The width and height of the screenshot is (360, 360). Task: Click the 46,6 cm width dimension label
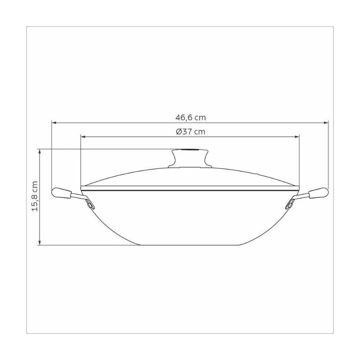tap(190, 117)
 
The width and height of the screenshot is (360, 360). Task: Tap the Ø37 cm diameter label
tap(190, 132)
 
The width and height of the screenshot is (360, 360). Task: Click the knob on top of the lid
tap(188, 158)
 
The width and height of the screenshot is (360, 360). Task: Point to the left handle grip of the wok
tap(61, 193)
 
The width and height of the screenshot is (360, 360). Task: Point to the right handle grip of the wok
tap(319, 193)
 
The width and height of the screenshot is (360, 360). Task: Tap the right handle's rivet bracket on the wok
tap(289, 204)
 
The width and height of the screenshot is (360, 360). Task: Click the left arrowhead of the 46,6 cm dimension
tap(54, 123)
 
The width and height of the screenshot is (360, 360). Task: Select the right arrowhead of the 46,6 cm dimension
tap(326, 123)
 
